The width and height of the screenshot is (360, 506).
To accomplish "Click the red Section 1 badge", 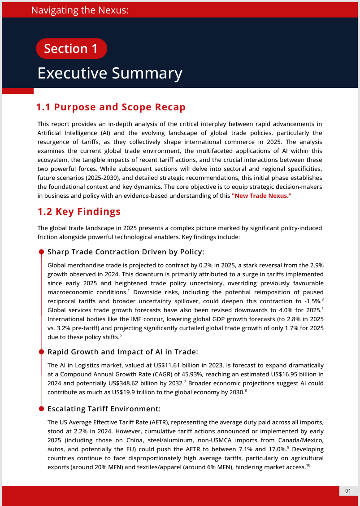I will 71,48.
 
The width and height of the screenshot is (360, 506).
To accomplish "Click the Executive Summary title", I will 110,73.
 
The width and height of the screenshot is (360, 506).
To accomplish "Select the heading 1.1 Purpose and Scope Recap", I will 111,107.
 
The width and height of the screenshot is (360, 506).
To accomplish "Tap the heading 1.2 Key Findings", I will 78,211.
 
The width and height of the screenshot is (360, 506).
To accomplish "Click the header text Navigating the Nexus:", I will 80,10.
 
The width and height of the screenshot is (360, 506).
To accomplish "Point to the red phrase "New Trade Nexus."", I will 261,196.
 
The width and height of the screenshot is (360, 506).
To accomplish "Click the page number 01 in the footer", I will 348,492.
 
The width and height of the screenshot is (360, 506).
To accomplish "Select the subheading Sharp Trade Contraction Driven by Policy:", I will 126,252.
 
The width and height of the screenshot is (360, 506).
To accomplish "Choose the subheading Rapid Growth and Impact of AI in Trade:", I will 122,352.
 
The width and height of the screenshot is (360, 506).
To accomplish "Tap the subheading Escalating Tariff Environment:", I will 104,409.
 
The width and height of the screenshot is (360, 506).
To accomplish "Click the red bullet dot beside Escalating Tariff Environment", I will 41,409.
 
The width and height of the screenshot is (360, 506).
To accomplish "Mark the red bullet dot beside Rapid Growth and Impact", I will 41,352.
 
